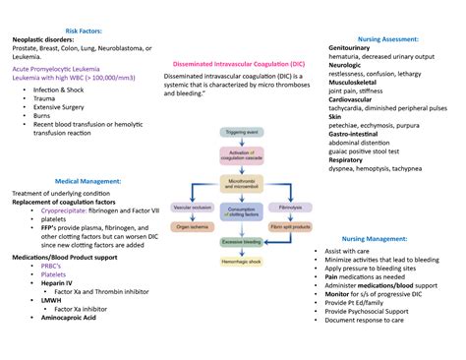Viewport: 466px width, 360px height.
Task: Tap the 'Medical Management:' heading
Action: [88, 182]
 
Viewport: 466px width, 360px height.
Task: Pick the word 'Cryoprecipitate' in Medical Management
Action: [68, 211]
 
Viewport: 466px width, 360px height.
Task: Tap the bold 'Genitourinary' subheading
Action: [356, 48]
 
